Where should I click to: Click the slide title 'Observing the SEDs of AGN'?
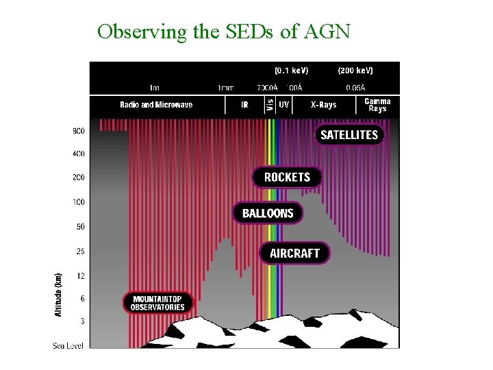point(223,32)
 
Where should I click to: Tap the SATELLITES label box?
point(349,134)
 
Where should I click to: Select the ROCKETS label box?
point(287,177)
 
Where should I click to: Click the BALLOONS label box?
point(267,213)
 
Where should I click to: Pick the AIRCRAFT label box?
point(294,253)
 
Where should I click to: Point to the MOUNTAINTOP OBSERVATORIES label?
point(158,303)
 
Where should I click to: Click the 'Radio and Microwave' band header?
point(156,105)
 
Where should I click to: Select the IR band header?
point(244,105)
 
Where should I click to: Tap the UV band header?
point(284,105)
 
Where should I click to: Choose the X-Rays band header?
point(323,105)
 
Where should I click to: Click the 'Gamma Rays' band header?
point(377,105)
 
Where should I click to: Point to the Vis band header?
point(270,105)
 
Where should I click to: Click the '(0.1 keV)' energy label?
point(291,71)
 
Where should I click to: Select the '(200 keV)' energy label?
point(355,71)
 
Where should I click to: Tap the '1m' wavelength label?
point(155,88)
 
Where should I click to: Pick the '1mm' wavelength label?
point(225,88)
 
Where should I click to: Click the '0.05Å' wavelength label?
point(355,88)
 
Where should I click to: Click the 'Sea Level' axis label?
point(68,345)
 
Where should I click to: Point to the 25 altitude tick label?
point(80,251)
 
